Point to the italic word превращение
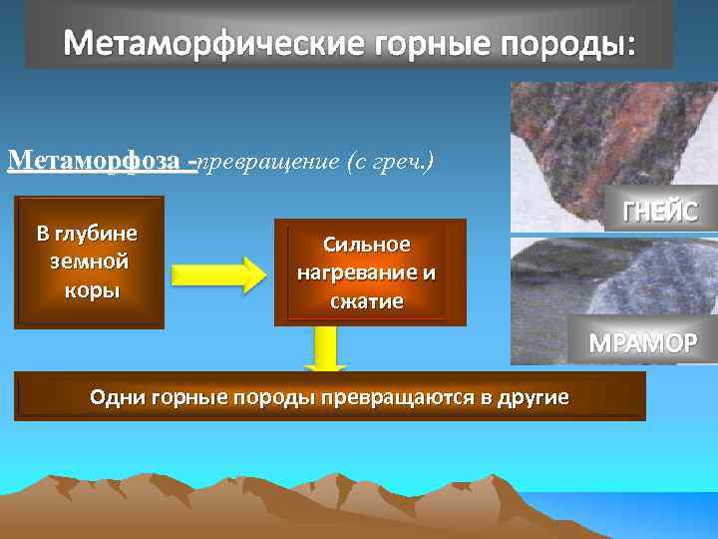pyautogui.click(x=267, y=162)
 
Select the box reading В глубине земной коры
pyautogui.click(x=89, y=263)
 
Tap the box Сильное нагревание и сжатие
pyautogui.click(x=369, y=272)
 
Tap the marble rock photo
pyautogui.click(x=588, y=289)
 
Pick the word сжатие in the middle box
pyautogui.click(x=369, y=300)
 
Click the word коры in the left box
pyautogui.click(x=88, y=290)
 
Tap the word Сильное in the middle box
pyautogui.click(x=367, y=245)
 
